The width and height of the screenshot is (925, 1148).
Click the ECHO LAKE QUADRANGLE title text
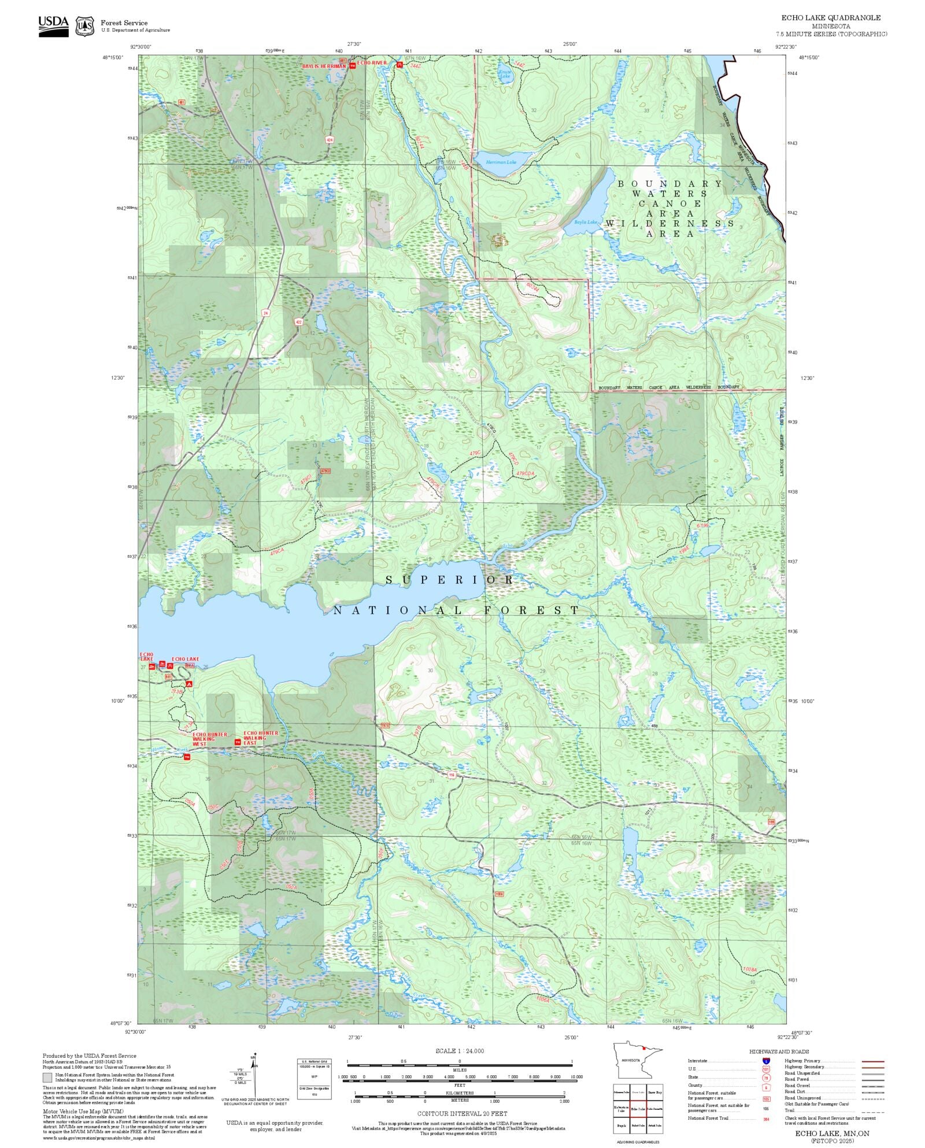click(831, 18)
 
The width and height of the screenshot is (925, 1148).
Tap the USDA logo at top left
click(53, 26)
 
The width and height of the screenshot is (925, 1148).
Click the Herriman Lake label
click(501, 162)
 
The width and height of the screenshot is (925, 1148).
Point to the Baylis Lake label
click(586, 223)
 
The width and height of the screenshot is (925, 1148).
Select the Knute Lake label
click(505, 75)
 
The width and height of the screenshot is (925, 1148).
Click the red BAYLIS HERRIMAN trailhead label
click(324, 66)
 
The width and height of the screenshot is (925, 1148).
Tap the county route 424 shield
click(330, 140)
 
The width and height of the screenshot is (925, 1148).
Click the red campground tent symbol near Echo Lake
click(188, 684)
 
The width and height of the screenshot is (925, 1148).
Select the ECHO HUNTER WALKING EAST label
click(260, 738)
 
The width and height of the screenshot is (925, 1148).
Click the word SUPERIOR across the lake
click(449, 580)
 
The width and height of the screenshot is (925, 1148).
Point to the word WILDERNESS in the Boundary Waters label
click(669, 224)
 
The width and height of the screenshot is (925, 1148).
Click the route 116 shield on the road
click(452, 775)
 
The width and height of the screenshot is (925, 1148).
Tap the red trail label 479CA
click(277, 551)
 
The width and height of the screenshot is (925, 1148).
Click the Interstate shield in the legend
click(766, 1061)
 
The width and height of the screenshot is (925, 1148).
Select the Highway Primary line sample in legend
click(872, 1061)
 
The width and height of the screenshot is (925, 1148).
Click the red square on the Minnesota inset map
click(643, 1048)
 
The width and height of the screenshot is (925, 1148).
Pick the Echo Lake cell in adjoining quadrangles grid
click(638, 1109)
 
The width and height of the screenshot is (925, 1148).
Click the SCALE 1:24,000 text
click(460, 1051)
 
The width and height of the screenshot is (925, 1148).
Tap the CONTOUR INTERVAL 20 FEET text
click(462, 1113)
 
